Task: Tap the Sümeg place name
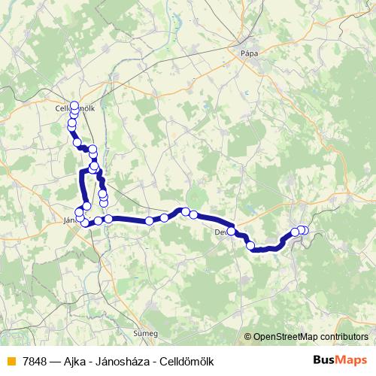point(145,332)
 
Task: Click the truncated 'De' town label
point(220,232)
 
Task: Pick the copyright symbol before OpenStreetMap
point(247,337)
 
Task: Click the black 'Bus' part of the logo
point(325,359)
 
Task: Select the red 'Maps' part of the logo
point(353,359)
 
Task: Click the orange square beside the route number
point(11,359)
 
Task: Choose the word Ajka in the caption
point(76,359)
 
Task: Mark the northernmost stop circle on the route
point(74,105)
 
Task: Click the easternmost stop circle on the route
point(305,230)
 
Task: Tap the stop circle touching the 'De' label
point(232,229)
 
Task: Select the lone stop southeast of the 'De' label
point(250,245)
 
